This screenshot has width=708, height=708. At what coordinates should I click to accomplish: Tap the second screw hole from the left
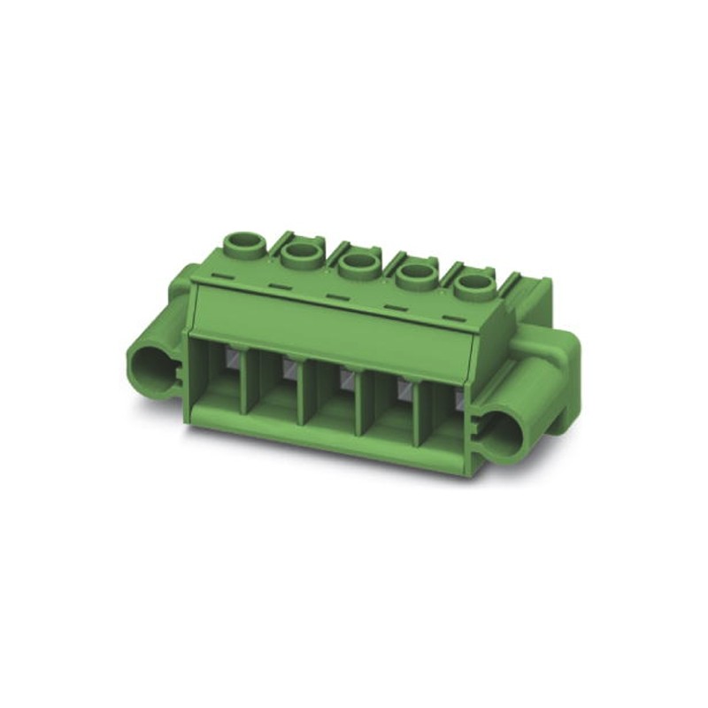click(x=301, y=254)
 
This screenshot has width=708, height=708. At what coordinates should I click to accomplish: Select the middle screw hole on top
click(x=357, y=263)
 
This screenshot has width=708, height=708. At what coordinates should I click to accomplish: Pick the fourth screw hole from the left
click(x=413, y=273)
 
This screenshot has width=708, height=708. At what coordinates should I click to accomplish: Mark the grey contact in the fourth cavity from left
click(x=404, y=386)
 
